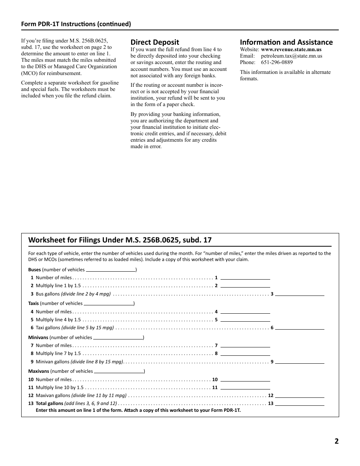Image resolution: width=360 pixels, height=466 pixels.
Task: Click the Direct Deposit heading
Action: click(155, 42)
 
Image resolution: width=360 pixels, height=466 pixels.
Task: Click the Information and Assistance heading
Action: click(286, 42)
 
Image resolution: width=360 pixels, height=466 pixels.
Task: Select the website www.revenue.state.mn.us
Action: click(291, 50)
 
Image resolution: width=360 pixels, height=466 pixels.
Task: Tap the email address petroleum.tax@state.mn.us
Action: click(291, 56)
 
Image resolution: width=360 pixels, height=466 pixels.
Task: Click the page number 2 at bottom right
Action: click(336, 441)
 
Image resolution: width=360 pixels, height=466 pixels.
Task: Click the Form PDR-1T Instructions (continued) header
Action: click(76, 24)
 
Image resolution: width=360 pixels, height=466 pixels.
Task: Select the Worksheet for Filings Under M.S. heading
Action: click(120, 240)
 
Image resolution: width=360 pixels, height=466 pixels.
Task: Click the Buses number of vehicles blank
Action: click(111, 270)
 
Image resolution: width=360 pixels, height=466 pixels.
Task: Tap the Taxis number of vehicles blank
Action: click(108, 303)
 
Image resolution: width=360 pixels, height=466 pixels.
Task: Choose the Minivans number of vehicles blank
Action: click(118, 337)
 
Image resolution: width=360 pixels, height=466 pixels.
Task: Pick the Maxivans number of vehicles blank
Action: click(119, 371)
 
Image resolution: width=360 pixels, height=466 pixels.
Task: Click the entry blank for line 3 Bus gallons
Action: click(299, 294)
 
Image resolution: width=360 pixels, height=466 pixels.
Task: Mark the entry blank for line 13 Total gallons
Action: click(299, 403)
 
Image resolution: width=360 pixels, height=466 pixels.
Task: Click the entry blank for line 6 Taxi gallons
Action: click(299, 328)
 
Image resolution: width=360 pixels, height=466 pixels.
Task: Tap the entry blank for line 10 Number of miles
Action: click(245, 379)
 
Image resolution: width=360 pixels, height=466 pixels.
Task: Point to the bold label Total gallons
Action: click(49, 403)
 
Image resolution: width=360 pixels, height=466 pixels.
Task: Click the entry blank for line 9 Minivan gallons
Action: click(299, 362)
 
